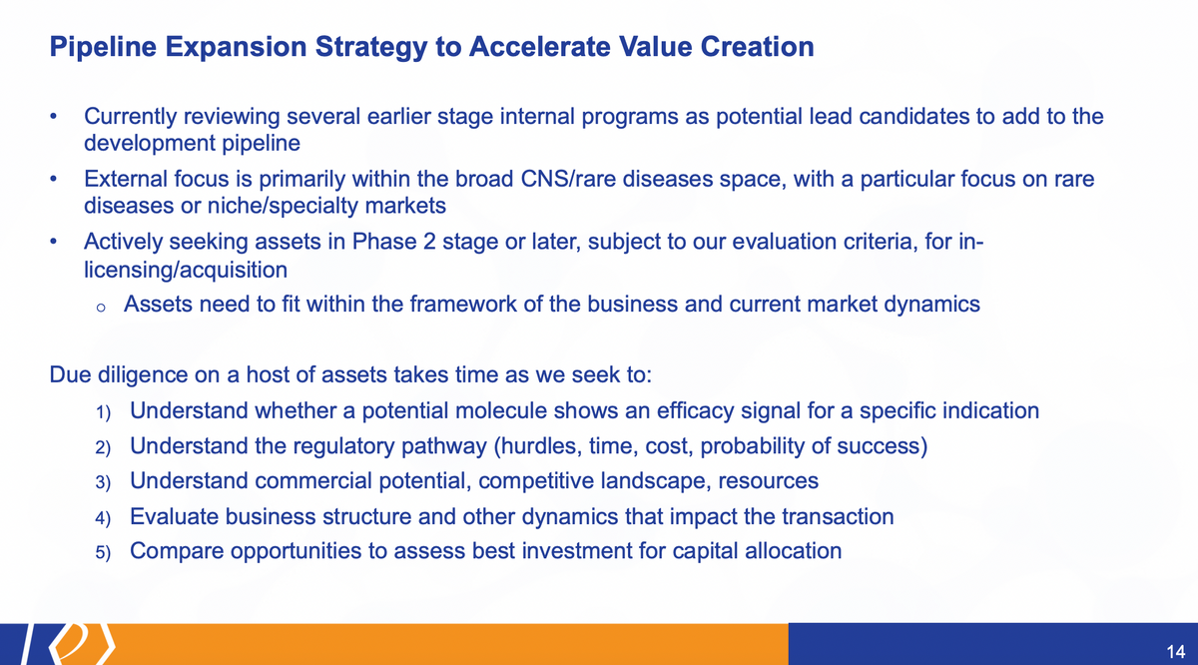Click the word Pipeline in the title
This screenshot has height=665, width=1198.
[103, 47]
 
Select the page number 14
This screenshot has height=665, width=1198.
[1176, 652]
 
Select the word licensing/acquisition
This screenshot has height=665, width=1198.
[186, 270]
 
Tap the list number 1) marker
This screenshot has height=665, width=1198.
[103, 412]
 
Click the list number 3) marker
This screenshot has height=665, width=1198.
[103, 482]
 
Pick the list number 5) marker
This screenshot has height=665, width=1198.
[103, 552]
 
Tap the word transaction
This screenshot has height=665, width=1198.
[838, 517]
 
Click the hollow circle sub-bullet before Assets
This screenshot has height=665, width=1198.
[101, 308]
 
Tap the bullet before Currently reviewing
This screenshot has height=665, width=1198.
[53, 117]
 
